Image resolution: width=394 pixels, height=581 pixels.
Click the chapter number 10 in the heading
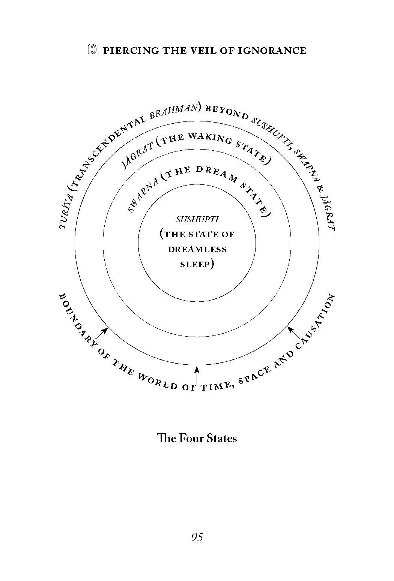[93, 50]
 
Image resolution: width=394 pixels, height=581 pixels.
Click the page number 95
[197, 537]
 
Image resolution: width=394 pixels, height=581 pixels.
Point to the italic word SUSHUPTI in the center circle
[197, 220]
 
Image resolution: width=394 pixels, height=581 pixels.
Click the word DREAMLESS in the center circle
[197, 249]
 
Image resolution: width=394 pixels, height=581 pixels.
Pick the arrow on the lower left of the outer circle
[101, 334]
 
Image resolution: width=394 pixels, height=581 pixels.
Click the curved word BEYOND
[227, 112]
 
